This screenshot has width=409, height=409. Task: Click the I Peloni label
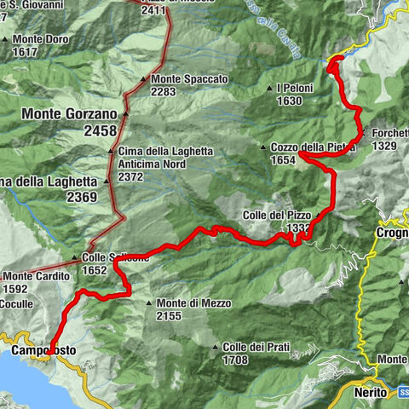pos(295,89)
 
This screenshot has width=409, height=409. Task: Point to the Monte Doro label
pos(40,39)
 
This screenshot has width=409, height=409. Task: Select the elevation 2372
pos(132,177)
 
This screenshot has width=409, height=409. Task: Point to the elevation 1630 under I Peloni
pos(290,101)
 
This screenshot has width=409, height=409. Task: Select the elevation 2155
pos(170,315)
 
